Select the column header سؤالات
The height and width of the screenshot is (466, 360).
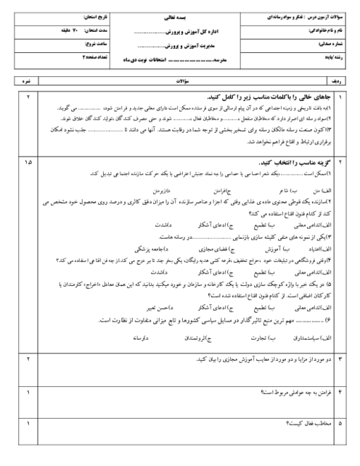[180, 83]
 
